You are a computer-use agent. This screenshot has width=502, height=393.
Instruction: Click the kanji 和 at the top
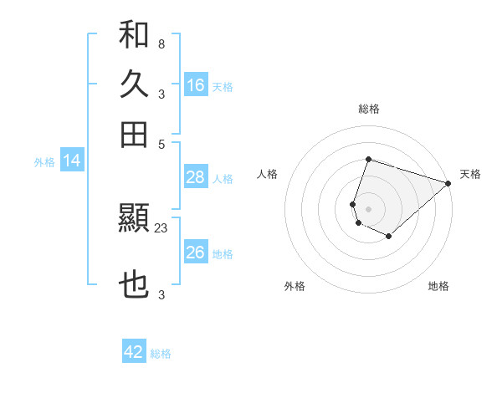point(134,35)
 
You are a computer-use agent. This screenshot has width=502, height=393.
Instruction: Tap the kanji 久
point(134,85)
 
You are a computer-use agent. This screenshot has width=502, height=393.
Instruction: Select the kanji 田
point(134,134)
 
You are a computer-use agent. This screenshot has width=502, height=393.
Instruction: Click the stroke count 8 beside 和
point(161,43)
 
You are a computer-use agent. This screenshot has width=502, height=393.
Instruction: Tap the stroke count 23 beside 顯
point(161,227)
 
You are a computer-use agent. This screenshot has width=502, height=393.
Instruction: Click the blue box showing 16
point(196,84)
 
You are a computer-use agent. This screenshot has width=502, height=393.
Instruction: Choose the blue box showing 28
point(196,176)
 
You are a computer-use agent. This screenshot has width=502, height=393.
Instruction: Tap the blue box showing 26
point(196,253)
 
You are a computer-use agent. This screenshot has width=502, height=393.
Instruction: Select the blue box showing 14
point(72,161)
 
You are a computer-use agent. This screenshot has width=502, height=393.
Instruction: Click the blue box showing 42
point(134,352)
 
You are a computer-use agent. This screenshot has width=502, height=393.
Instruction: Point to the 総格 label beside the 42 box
point(161,354)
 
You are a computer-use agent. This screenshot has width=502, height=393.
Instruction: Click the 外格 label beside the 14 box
point(44,162)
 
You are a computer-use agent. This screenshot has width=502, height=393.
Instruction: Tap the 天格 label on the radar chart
point(470,174)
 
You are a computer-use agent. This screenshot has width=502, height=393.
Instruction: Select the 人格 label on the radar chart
point(267,174)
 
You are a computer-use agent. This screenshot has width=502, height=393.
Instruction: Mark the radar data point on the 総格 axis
point(368,160)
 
